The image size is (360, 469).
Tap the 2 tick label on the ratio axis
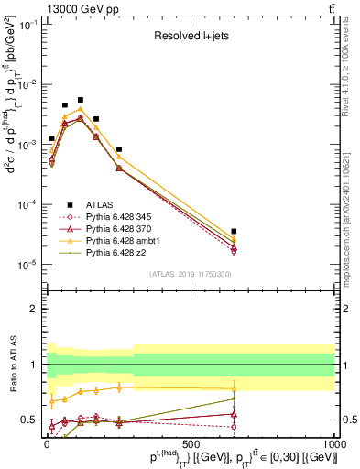pyautogui.click(x=35, y=309)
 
